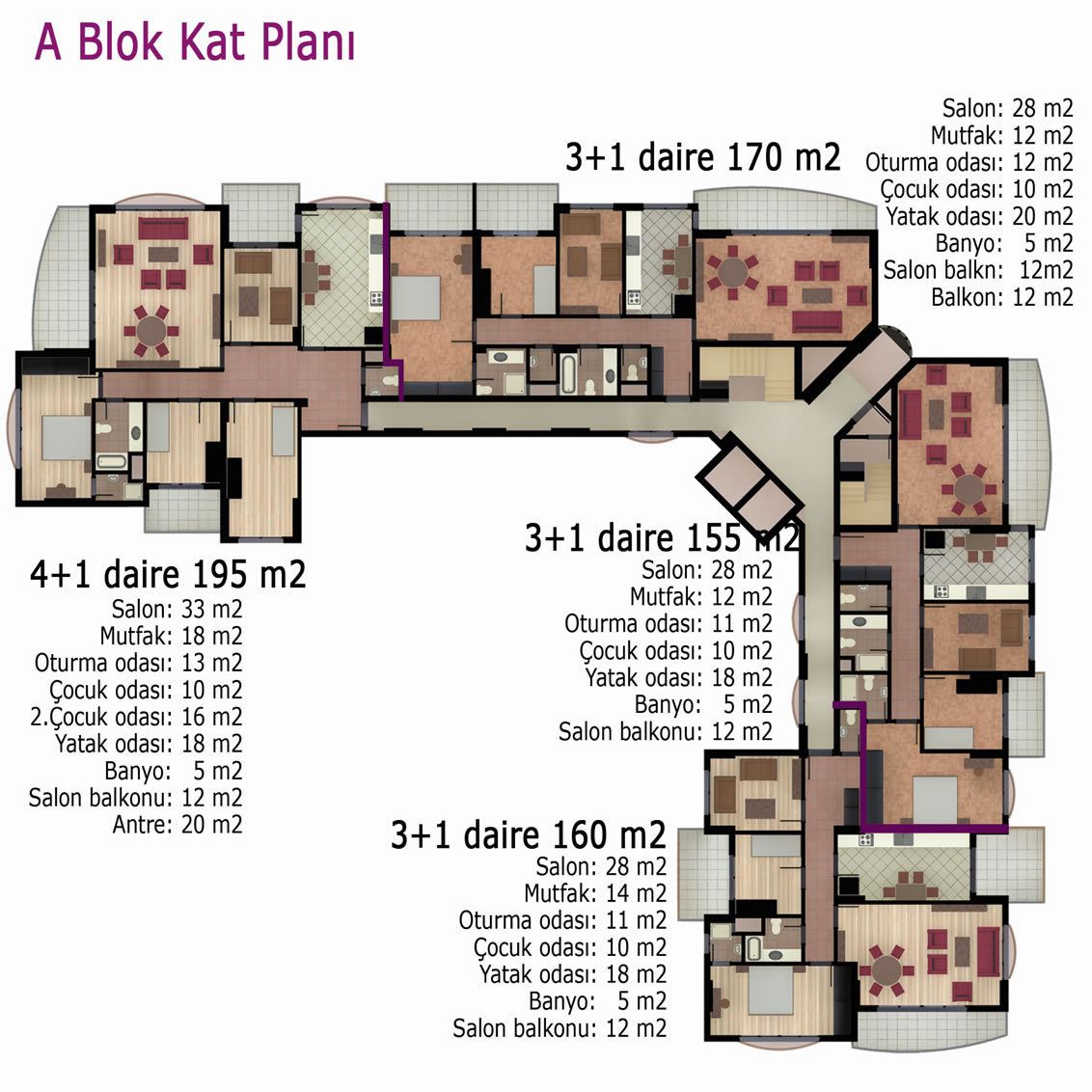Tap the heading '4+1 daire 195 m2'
pos(168,575)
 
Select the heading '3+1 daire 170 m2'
pos(702,156)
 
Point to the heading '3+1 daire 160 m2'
pos(528,834)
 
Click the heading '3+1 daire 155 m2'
pos(662,537)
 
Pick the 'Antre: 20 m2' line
pos(177,825)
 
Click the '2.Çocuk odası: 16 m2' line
pos(137,717)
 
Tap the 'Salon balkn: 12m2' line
pos(978,269)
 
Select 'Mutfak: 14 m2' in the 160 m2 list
pos(595,893)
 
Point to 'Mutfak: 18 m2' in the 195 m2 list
pos(172,636)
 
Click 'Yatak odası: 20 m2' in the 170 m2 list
pos(979,216)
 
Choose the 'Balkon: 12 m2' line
pos(1002,297)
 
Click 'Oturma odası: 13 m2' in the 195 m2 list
pos(139,663)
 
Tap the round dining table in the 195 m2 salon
pos(150,330)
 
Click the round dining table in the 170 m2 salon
pos(732,272)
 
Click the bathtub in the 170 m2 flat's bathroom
pos(568,373)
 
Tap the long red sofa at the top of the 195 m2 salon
pos(163,229)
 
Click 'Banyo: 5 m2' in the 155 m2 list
pos(703,704)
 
